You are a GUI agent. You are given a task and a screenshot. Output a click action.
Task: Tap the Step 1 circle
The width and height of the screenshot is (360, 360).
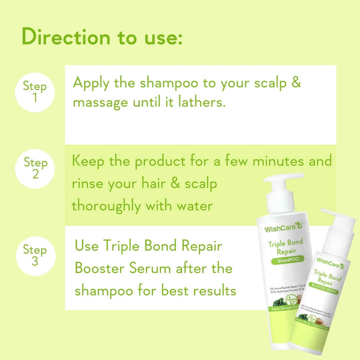35,92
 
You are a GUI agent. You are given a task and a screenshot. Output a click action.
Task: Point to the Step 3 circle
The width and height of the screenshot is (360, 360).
35,256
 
